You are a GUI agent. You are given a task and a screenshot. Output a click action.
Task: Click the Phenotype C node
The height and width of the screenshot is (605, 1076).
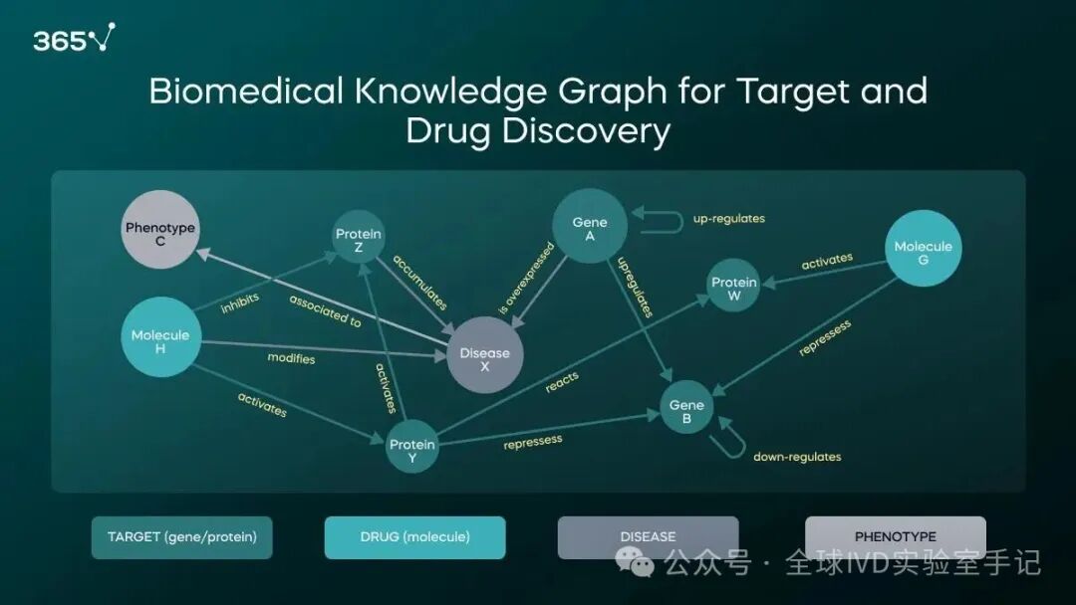click(x=159, y=230)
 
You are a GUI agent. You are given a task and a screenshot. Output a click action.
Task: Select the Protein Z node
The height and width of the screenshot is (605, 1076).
click(x=359, y=237)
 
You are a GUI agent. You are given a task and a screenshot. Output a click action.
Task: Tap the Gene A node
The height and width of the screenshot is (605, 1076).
click(x=590, y=226)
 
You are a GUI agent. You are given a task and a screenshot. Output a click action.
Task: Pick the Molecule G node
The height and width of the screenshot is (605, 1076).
click(x=923, y=248)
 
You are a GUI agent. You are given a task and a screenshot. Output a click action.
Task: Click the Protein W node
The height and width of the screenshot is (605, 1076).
click(x=733, y=286)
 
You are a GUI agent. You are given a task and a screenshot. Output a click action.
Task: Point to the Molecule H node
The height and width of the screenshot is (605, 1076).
click(x=160, y=337)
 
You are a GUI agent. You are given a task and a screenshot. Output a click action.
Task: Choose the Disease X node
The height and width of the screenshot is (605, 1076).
click(x=484, y=355)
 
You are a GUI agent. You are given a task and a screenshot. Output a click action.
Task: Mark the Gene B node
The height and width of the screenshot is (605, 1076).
click(x=686, y=407)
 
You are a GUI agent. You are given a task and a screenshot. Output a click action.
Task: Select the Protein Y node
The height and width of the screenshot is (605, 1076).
click(x=411, y=447)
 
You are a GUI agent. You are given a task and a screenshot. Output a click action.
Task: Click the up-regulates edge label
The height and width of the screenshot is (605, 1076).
click(x=728, y=219)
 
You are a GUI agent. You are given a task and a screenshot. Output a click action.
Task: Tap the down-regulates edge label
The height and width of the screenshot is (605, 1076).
click(x=797, y=457)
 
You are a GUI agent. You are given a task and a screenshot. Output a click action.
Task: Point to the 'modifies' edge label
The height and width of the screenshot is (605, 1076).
click(x=291, y=358)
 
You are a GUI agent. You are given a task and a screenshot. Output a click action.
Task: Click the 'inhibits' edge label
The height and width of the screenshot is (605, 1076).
click(x=240, y=302)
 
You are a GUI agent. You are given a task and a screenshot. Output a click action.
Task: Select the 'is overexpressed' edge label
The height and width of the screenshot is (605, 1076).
click(x=526, y=279)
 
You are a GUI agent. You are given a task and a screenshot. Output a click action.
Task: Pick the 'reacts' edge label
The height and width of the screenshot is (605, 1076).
click(x=562, y=382)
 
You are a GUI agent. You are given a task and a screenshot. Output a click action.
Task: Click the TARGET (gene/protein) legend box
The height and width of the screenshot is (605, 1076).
click(x=182, y=537)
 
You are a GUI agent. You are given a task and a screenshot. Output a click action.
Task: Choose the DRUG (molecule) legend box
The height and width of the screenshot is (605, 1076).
click(x=415, y=537)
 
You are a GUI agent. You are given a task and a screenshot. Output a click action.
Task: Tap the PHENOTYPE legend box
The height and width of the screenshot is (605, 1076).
click(x=896, y=537)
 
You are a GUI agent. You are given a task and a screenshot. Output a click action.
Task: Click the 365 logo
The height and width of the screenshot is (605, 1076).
click(x=74, y=38)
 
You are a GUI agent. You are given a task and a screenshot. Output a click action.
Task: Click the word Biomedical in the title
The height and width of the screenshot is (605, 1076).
click(x=246, y=92)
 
